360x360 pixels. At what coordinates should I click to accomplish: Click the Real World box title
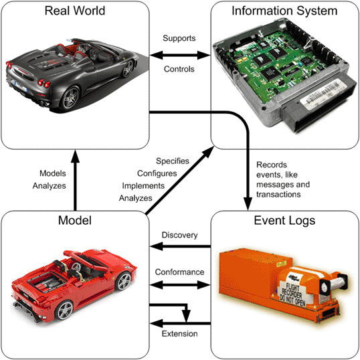pyautogui.click(x=75, y=11)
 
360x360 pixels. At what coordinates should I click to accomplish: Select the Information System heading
pyautogui.click(x=284, y=11)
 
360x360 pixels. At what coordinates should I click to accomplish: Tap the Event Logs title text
pyautogui.click(x=284, y=221)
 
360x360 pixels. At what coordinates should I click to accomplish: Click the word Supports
pyautogui.click(x=179, y=38)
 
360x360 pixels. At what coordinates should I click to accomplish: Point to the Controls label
pyautogui.click(x=179, y=69)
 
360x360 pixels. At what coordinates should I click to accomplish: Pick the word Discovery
pyautogui.click(x=179, y=235)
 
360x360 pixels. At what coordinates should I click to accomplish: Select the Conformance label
pyautogui.click(x=179, y=272)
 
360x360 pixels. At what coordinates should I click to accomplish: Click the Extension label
pyautogui.click(x=179, y=334)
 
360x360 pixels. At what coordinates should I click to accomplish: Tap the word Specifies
pyautogui.click(x=173, y=161)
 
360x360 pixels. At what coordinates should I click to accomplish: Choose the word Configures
pyautogui.click(x=157, y=173)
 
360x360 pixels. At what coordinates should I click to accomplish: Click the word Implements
pyautogui.click(x=143, y=186)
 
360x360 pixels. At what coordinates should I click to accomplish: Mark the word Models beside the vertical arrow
pyautogui.click(x=53, y=173)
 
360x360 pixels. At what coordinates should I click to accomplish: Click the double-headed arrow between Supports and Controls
pyautogui.click(x=180, y=55)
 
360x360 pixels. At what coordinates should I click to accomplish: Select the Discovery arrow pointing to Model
pyautogui.click(x=180, y=247)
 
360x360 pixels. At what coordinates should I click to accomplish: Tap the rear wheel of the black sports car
pyautogui.click(x=71, y=98)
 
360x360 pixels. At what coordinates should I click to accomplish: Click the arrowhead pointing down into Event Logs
pyautogui.click(x=248, y=203)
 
